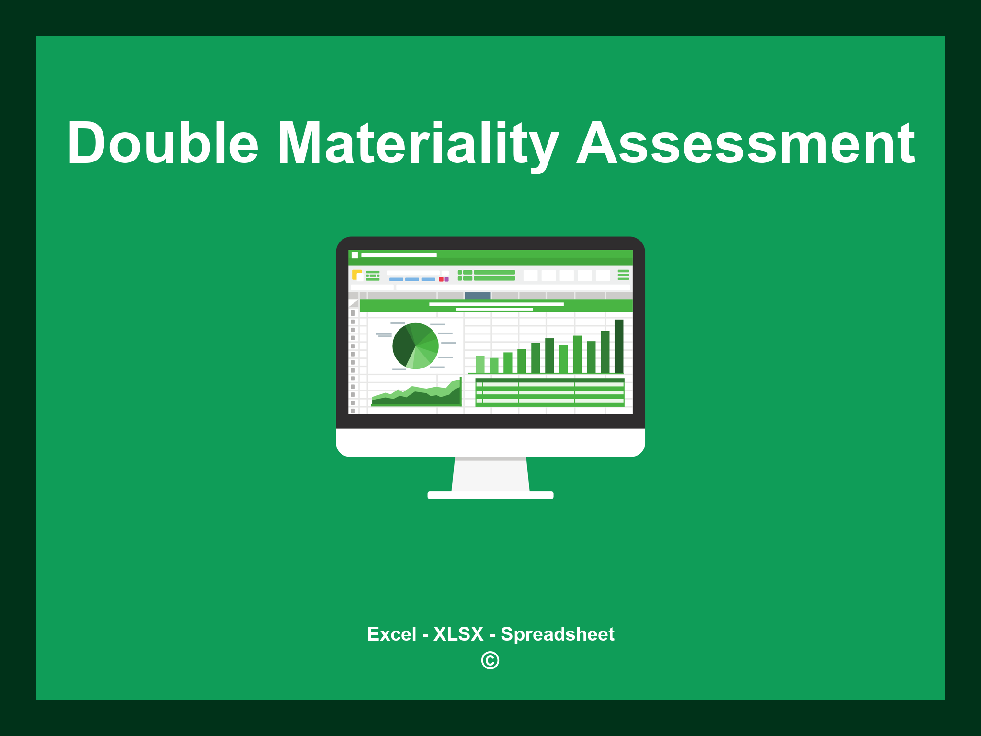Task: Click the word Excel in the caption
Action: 391,634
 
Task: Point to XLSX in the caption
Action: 458,634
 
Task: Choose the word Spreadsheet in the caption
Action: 557,634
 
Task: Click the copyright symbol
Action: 490,660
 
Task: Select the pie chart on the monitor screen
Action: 415,346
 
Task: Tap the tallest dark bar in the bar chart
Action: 619,346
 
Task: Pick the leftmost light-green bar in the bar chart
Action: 480,364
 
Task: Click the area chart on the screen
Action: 416,395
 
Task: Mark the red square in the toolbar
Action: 441,279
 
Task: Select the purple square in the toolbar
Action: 446,279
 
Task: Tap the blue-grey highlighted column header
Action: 478,296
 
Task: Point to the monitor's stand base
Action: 490,495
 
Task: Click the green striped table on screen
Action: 549,392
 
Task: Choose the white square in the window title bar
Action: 355,255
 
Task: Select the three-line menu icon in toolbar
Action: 623,275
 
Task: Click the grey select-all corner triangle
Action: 354,304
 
